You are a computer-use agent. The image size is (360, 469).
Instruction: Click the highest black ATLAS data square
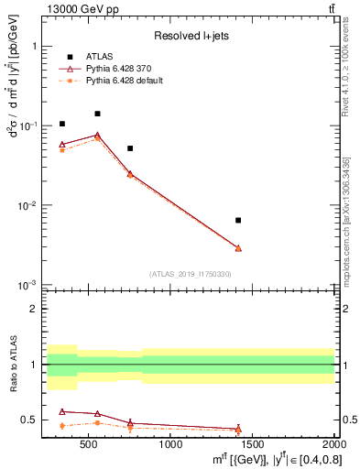tap(97, 114)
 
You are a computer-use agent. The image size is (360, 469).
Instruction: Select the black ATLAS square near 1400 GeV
tap(238, 220)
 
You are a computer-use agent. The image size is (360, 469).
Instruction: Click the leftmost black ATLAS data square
tap(62, 124)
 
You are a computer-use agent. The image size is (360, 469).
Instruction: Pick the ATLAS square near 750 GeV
tap(130, 147)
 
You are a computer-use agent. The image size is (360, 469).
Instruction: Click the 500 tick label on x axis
tap(89, 446)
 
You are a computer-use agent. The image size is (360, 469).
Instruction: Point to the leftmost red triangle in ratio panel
tap(62, 411)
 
